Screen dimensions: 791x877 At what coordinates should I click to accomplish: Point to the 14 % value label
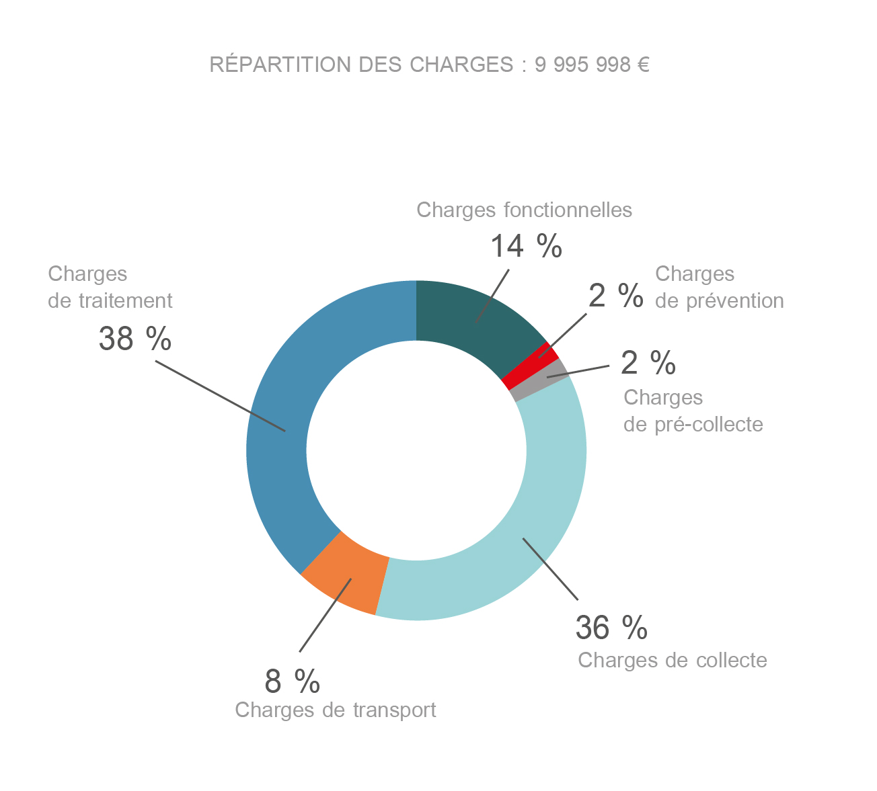click(x=525, y=246)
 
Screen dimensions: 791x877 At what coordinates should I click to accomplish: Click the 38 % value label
click(x=135, y=338)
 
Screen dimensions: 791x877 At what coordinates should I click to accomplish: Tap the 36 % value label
click(x=611, y=627)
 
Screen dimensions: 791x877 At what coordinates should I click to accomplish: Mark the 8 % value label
click(x=292, y=681)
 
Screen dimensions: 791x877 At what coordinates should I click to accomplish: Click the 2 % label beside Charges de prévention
click(x=615, y=296)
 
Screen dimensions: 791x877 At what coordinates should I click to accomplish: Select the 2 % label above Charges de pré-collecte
click(x=648, y=363)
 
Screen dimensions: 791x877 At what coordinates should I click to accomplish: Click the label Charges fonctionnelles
click(x=524, y=210)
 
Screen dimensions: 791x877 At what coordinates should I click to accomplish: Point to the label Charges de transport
click(x=336, y=710)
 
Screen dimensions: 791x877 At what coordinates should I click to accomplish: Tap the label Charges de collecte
click(x=673, y=660)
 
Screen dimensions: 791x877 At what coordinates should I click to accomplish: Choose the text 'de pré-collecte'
click(x=693, y=424)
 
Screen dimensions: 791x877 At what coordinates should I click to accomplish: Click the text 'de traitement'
click(x=110, y=300)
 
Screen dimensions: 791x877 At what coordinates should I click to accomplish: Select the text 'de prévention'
click(x=719, y=300)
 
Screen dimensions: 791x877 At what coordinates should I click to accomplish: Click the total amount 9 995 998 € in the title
click(x=592, y=65)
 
